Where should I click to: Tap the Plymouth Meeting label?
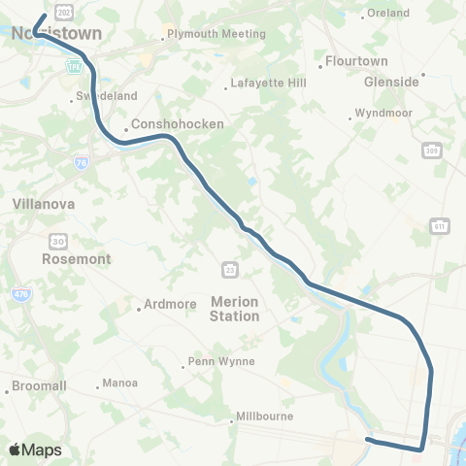click(216, 34)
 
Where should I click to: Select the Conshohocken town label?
click(179, 124)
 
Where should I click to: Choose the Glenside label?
click(391, 83)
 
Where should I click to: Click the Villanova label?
click(44, 205)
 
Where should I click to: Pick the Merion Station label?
click(235, 310)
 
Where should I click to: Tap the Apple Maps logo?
click(34, 450)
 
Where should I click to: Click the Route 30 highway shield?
click(59, 240)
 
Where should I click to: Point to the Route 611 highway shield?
click(441, 226)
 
